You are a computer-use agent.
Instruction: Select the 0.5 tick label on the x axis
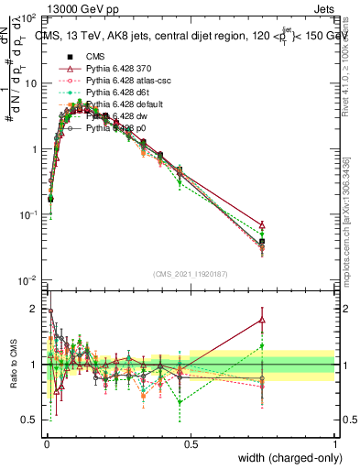(191, 443)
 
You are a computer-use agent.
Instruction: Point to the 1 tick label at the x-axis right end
(334, 443)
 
